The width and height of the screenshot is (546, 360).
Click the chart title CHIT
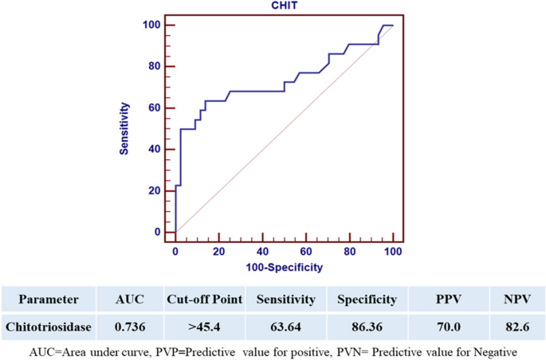click(x=284, y=6)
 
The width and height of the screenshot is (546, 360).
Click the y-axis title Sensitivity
click(x=125, y=128)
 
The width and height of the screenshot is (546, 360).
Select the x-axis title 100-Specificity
click(x=284, y=268)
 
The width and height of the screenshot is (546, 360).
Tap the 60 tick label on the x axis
click(x=306, y=252)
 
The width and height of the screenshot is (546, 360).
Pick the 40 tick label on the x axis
click(x=262, y=252)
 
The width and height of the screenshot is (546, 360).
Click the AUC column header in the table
click(x=130, y=299)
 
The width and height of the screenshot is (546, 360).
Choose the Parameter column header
click(x=49, y=299)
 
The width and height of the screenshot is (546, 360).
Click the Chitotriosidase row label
click(x=49, y=327)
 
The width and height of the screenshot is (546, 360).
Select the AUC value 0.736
click(x=130, y=327)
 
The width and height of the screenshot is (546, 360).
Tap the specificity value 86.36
click(x=366, y=327)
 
